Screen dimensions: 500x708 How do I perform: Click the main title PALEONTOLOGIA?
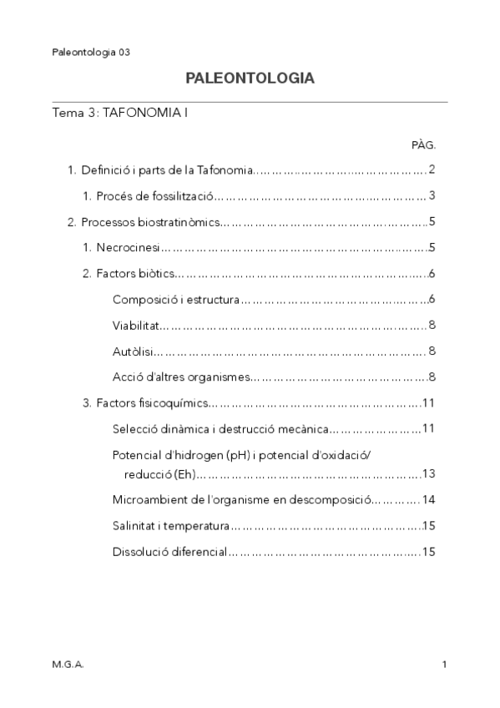pos(250,78)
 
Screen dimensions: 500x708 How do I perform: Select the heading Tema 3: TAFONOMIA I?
pos(119,112)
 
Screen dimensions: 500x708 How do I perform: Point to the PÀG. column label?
pos(423,144)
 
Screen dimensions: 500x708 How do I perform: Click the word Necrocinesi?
pos(127,248)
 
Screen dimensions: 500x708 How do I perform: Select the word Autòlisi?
pos(132,351)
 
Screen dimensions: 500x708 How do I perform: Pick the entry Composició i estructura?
pos(176,300)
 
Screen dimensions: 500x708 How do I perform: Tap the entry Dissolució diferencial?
pos(169,552)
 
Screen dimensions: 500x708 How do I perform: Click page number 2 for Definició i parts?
pos(432,170)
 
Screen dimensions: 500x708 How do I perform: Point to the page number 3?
pos(432,196)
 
